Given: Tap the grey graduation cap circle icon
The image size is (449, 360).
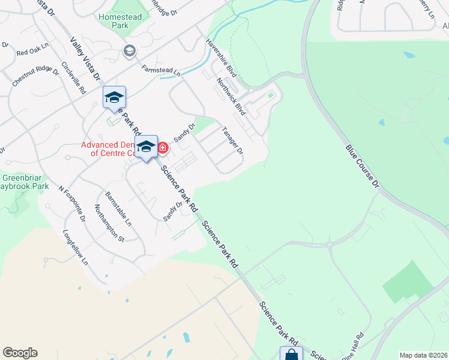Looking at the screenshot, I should click(x=128, y=52).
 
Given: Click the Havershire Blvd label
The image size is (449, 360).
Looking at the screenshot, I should click(x=221, y=58).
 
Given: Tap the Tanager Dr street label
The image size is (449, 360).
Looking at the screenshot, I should click(x=232, y=140).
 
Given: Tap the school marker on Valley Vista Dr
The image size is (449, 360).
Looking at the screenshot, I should click(x=114, y=98).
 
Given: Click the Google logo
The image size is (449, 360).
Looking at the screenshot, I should click(x=20, y=353).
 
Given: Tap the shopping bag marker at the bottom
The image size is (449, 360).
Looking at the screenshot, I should click(x=291, y=354).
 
